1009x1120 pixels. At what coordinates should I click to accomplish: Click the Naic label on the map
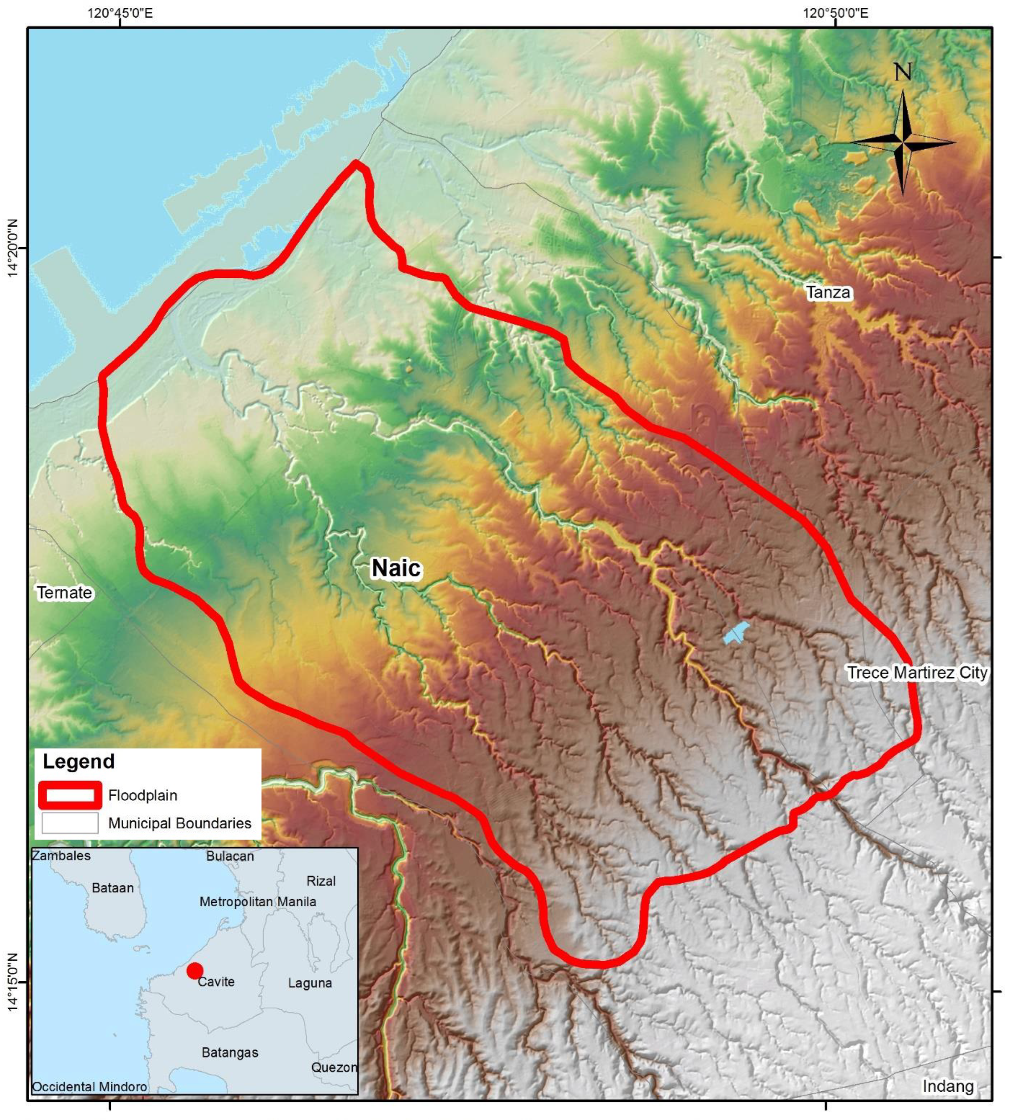coord(396,568)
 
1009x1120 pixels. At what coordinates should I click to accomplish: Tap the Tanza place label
coord(828,292)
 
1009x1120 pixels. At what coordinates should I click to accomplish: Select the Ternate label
coord(64,593)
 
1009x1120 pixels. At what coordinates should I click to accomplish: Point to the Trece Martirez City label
coord(917,673)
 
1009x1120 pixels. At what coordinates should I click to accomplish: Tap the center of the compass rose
coord(902,142)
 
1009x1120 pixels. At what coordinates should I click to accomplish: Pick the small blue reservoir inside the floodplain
coord(736,632)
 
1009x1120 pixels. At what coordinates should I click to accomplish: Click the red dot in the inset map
coord(194,970)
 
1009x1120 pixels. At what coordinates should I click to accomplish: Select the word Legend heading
coord(79,761)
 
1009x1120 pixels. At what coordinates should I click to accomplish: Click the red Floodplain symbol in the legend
coord(70,795)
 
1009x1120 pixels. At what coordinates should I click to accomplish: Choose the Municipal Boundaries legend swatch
coord(70,823)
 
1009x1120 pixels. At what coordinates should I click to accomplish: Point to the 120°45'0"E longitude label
coord(120,12)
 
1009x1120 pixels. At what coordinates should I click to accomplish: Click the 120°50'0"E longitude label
coord(836,12)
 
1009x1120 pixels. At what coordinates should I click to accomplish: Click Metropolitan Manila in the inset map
coord(258,901)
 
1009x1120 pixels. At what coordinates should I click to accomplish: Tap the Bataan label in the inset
coord(113,888)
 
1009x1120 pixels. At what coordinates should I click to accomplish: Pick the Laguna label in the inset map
coord(310,983)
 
